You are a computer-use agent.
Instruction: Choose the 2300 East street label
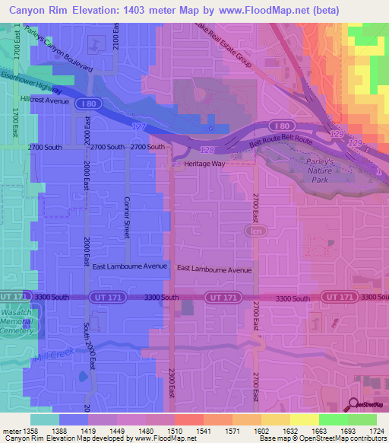tap(172, 387)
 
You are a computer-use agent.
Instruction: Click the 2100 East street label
tap(115, 35)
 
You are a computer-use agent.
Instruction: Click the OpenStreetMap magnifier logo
tap(355, 405)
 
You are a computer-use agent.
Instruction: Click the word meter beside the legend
tap(13, 430)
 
